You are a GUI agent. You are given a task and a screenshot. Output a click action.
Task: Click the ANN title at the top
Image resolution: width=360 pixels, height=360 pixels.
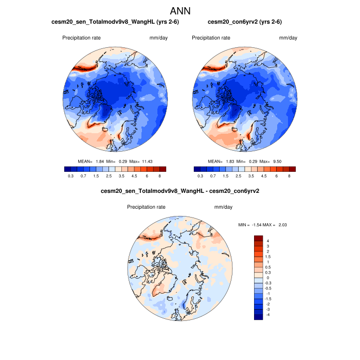[180, 10]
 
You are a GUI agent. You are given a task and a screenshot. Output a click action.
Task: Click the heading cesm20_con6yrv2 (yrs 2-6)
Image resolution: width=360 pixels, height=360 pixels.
[244, 22]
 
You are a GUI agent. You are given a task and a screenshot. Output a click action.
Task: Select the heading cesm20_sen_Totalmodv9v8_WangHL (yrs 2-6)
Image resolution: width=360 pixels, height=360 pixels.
[116, 22]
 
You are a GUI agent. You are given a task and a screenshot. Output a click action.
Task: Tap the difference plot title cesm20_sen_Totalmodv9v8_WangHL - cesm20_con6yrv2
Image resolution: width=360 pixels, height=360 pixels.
[180, 191]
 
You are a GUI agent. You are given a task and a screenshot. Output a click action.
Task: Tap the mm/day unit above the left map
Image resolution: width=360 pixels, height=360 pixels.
[158, 38]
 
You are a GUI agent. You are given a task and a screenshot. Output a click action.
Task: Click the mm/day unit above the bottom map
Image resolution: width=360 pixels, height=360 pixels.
[223, 207]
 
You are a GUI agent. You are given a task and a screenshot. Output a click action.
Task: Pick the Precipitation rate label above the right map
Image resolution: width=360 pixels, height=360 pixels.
[211, 38]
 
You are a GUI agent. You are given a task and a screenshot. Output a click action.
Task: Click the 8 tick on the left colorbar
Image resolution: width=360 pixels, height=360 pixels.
[160, 176]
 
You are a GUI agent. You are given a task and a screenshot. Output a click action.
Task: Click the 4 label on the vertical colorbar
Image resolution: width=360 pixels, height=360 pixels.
[267, 241]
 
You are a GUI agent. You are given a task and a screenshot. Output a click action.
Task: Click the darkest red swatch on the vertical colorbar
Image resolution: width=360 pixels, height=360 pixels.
[258, 238]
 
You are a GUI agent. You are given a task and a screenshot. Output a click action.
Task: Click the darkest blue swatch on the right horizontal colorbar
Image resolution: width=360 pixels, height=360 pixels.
[196, 169]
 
